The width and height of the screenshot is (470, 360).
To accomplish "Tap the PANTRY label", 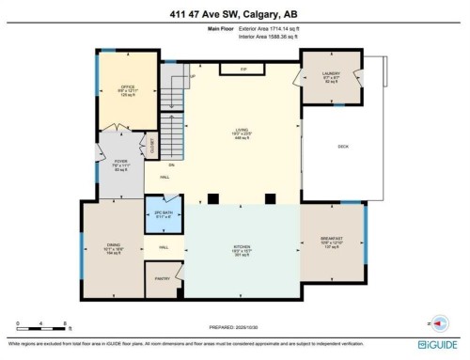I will (161, 279).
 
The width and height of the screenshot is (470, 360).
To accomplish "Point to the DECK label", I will (344, 147).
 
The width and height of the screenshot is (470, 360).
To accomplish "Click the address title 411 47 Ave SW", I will (234, 13).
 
